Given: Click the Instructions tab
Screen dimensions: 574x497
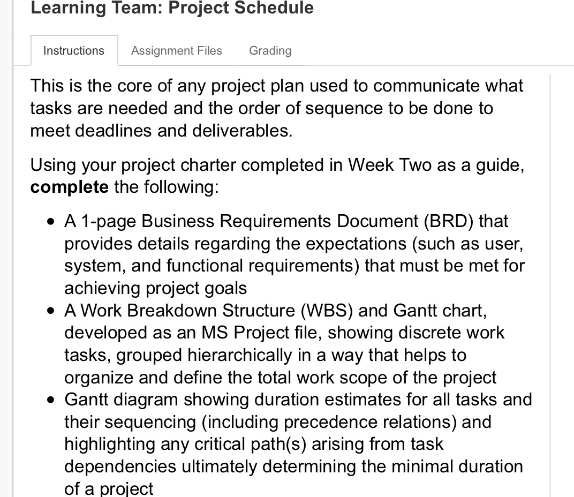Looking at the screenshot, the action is (74, 50).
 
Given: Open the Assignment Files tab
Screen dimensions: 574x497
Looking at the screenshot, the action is (177, 50).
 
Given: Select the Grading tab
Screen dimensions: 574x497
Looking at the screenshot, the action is (270, 50).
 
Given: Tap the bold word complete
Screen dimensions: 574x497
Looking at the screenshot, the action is (69, 187).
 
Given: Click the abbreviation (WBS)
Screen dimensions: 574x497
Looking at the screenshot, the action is (327, 311).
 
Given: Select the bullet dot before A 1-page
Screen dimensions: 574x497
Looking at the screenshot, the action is (51, 222).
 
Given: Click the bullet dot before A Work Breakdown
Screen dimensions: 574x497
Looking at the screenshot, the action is (51, 311).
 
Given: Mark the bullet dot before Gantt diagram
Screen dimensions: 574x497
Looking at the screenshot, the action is (51, 400).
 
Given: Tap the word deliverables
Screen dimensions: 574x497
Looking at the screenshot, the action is (242, 131).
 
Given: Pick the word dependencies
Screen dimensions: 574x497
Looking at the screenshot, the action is (120, 466).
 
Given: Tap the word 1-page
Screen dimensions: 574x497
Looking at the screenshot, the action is (109, 222).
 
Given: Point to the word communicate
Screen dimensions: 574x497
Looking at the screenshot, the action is (426, 86).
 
